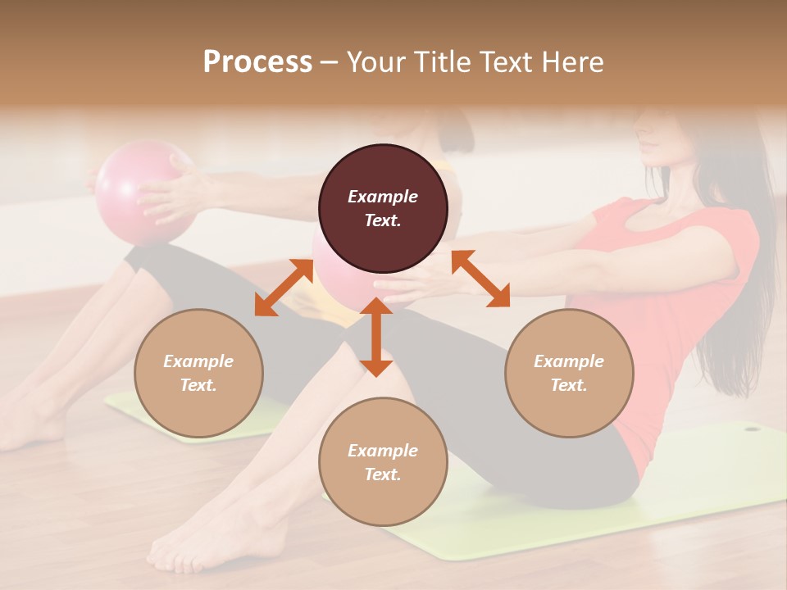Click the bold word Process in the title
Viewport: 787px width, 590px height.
[x=257, y=62]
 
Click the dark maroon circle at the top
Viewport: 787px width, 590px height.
[x=383, y=208]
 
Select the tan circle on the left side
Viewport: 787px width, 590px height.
[x=198, y=373]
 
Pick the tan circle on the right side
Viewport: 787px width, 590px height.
[x=568, y=373]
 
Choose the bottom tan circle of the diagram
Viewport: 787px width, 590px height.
[x=383, y=461]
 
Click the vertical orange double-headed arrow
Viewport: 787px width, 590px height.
[x=376, y=337]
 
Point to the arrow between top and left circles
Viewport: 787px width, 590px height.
[x=284, y=286]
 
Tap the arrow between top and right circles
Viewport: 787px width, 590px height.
[x=480, y=279]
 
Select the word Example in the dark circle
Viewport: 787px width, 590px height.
[x=383, y=197]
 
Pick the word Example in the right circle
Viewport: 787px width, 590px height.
[x=568, y=361]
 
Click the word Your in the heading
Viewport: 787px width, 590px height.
[x=375, y=62]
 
